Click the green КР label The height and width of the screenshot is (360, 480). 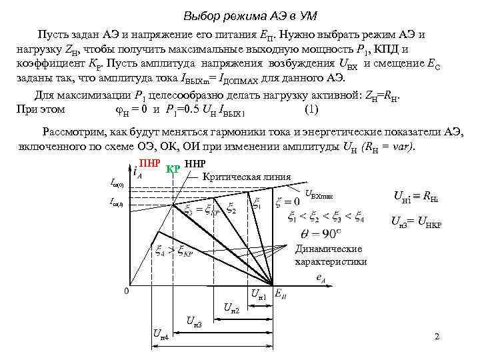[x=173, y=167]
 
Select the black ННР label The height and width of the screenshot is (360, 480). [x=195, y=163]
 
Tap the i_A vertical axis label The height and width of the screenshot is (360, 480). [x=137, y=173]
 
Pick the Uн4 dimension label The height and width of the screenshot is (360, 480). [x=160, y=334]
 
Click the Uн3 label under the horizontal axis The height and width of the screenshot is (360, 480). [x=194, y=323]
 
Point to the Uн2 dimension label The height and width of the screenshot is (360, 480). [x=231, y=307]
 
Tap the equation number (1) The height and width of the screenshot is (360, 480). [x=310, y=109]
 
